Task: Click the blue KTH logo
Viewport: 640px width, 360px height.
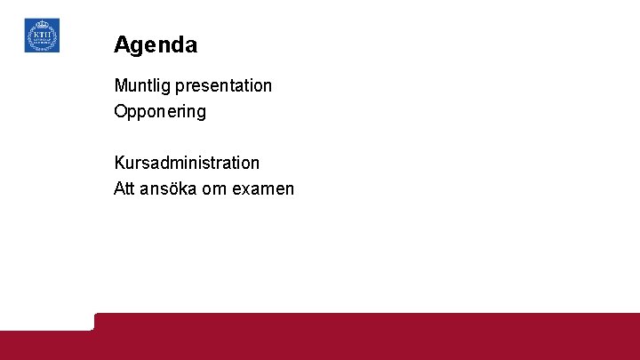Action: click(42, 36)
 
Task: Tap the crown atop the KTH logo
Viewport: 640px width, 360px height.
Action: click(42, 24)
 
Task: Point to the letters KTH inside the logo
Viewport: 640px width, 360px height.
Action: click(42, 35)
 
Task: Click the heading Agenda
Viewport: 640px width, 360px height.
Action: click(156, 44)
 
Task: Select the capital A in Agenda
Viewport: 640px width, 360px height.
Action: click(122, 44)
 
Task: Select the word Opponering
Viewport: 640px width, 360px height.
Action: click(160, 112)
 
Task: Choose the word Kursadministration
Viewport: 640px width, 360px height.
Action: click(187, 163)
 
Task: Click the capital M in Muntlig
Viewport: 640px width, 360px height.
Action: click(121, 86)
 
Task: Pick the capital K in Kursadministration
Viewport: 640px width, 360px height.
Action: click(120, 163)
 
